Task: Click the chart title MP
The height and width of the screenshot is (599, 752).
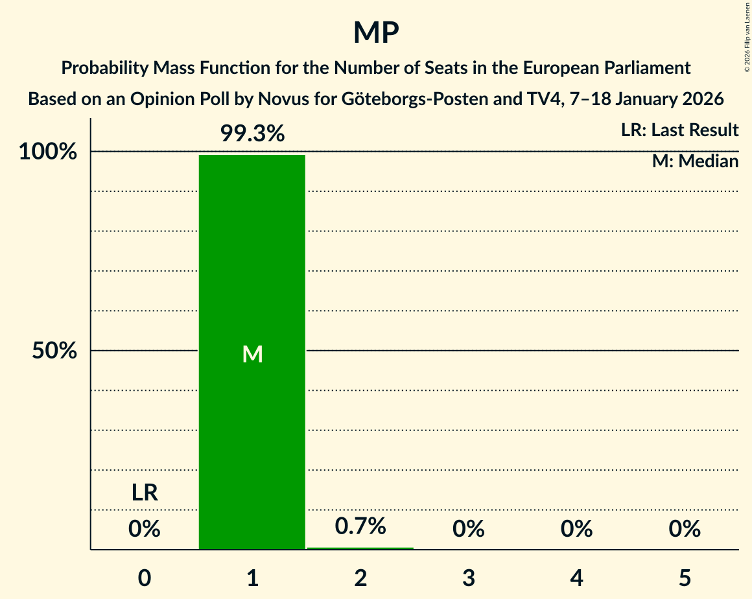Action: click(x=376, y=32)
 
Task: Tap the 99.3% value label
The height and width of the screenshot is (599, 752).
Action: click(x=252, y=134)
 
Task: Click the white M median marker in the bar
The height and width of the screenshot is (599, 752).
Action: click(x=252, y=354)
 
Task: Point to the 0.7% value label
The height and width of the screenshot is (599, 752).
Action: click(x=360, y=526)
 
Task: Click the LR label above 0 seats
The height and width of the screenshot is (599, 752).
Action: click(x=145, y=493)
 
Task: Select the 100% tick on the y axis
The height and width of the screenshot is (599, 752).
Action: click(x=48, y=152)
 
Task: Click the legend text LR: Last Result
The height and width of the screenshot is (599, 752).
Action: click(x=679, y=130)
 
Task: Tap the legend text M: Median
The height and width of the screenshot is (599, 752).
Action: click(x=695, y=161)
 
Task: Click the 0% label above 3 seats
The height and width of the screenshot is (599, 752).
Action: click(x=469, y=529)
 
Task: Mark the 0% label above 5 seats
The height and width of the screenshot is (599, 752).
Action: click(x=685, y=529)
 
